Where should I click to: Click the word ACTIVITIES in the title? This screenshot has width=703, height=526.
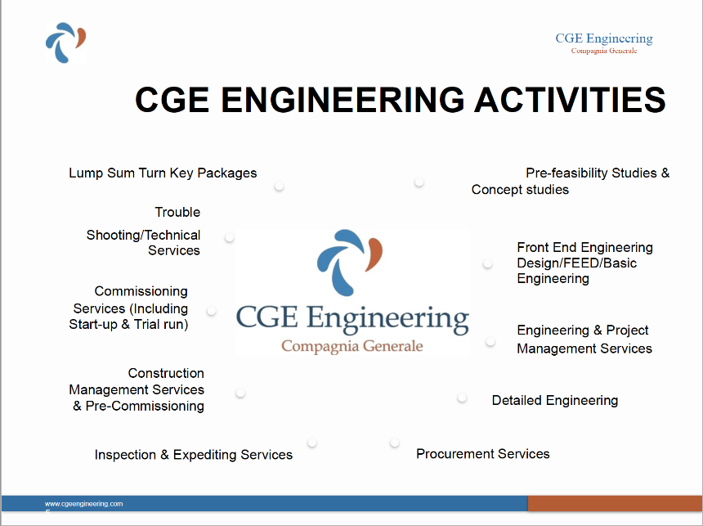[x=570, y=100]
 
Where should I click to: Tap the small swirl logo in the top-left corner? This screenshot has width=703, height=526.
[x=66, y=43]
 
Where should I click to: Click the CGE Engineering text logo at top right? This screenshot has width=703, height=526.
[x=604, y=43]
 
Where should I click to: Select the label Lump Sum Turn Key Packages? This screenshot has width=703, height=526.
[x=163, y=173]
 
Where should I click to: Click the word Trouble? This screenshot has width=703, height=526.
[x=177, y=212]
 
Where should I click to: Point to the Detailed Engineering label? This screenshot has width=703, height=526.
[x=554, y=400]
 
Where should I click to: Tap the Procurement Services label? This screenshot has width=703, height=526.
[x=483, y=454]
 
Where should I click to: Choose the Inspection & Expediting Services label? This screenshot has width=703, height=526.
[x=193, y=455]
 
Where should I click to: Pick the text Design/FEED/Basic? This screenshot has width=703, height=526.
[x=576, y=263]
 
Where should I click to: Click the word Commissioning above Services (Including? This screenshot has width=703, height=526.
[x=141, y=292]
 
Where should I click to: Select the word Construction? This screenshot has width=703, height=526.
[x=166, y=373]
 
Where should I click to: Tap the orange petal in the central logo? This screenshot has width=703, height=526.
[x=374, y=254]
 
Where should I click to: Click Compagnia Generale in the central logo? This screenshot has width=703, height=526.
[x=352, y=346]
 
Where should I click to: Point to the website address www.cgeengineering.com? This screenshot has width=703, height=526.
[x=84, y=504]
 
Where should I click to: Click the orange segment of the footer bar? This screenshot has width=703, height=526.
[x=615, y=503]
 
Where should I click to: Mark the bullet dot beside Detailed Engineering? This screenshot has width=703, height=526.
[x=462, y=398]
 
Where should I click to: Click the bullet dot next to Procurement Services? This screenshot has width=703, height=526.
[x=395, y=443]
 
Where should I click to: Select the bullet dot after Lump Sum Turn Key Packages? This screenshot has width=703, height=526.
[x=279, y=186]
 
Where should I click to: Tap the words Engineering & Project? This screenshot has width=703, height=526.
[x=582, y=330]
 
